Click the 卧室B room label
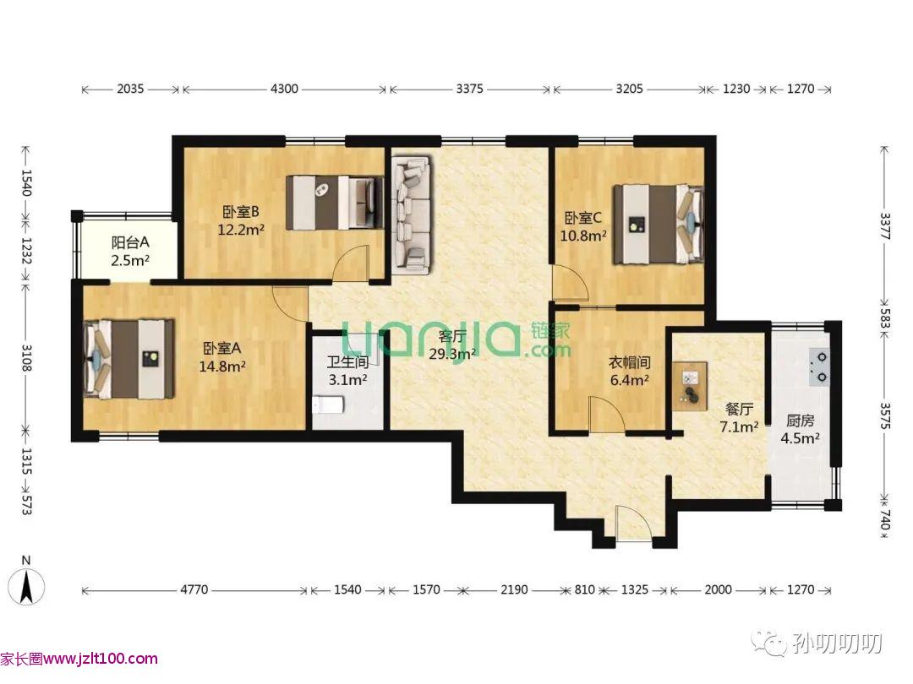pos(240,212)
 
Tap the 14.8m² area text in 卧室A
pos(221,366)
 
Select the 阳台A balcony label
pos(130,242)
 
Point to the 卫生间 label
pos(347,362)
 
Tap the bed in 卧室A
pos(128,359)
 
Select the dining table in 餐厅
pos(691,386)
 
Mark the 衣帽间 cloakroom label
pos(630,362)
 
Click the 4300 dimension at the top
pos(284,89)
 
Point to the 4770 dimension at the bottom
pos(194,589)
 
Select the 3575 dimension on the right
pos(884,415)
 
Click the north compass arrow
pos(26,586)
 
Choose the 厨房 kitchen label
pos(800,420)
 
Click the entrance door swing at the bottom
pos(633,524)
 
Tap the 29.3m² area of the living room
pos(452,354)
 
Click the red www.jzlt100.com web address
pos(100,659)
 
